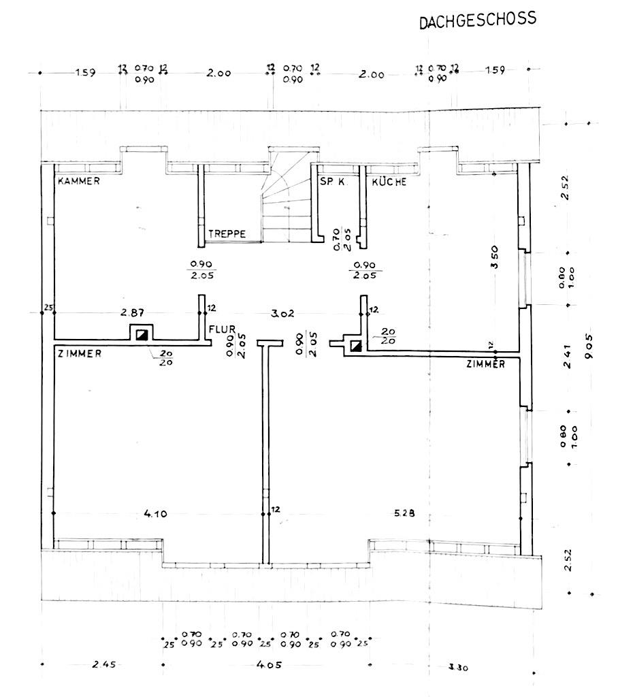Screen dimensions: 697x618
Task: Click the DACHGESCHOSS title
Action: pyautogui.click(x=476, y=20)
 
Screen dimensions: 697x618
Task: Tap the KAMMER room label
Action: pyautogui.click(x=79, y=181)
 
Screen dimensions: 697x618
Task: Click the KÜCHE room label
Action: pyautogui.click(x=389, y=182)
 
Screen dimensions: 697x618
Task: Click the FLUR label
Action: pyautogui.click(x=222, y=327)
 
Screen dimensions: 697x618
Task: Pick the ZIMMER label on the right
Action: pyautogui.click(x=485, y=364)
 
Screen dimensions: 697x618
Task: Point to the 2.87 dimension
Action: pyautogui.click(x=132, y=312)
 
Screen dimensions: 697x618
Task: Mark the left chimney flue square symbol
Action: pyautogui.click(x=141, y=334)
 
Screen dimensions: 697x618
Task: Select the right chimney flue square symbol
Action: pyautogui.click(x=356, y=346)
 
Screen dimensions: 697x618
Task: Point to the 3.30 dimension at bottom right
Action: pyautogui.click(x=459, y=667)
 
